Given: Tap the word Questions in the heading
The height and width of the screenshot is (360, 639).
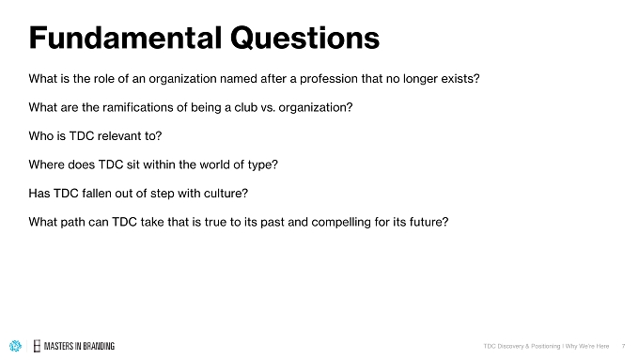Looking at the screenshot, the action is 304,39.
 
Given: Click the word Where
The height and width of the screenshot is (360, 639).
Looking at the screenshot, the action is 46,164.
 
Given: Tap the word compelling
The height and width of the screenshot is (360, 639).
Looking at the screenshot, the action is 342,223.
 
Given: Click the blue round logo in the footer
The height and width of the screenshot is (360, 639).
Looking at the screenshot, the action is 15,346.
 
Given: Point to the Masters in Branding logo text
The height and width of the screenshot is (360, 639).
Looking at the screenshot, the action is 79,346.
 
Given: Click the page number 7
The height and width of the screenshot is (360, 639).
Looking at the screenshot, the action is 624,346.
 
